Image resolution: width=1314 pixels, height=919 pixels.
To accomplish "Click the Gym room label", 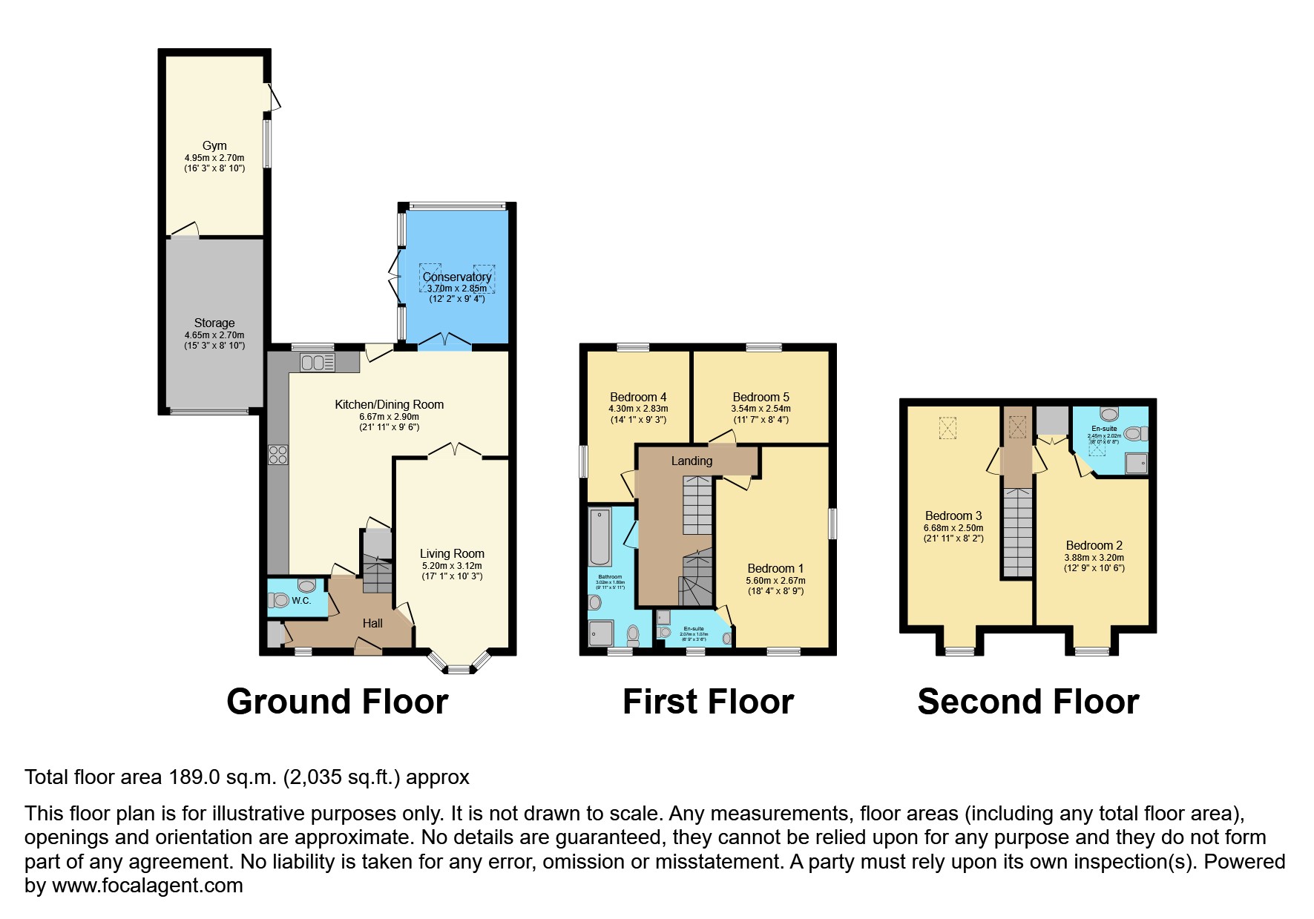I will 214,146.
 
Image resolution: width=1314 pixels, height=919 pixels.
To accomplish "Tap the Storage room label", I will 214,323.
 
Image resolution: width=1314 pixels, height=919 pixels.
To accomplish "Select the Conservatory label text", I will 457,277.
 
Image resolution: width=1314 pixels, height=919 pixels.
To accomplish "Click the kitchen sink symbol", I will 318,363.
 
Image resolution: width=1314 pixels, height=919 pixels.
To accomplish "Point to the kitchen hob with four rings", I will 278,455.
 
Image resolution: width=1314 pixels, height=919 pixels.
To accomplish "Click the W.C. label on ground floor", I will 301,601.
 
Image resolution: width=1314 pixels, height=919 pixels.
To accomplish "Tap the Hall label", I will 372,624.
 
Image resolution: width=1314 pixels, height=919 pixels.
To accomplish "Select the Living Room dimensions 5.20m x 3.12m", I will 452,566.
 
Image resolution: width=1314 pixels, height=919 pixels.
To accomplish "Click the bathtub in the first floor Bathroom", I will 600,537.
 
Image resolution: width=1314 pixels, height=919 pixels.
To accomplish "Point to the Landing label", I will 692,461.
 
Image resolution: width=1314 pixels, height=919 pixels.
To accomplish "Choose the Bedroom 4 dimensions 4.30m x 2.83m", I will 638,409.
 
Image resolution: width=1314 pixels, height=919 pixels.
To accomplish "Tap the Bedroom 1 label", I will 775,569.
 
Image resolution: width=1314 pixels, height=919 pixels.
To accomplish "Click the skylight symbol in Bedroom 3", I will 947,427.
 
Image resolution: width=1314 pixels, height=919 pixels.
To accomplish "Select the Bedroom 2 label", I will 1094,546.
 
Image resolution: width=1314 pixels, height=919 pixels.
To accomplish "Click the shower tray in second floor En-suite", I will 1136,464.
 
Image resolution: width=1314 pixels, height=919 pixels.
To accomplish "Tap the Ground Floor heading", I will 337,702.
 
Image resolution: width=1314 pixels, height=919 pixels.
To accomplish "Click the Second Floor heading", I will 1028,702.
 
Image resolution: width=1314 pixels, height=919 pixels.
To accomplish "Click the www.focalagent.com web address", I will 148,886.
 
